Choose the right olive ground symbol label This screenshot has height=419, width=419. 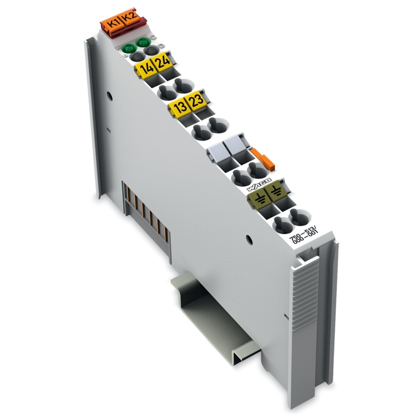click(x=274, y=194)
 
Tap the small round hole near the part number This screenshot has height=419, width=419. click(x=250, y=239)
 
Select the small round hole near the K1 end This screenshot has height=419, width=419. click(x=109, y=96)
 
